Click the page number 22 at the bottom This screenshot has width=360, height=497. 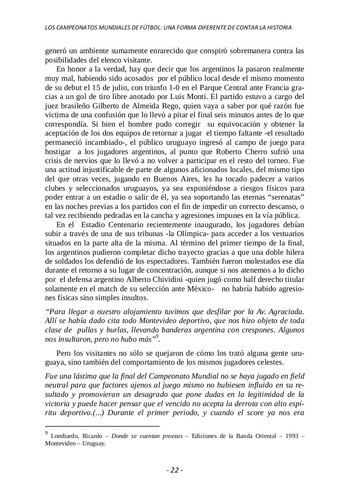pyautogui.click(x=175, y=470)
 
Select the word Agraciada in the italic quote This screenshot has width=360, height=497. pyautogui.click(x=288, y=312)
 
